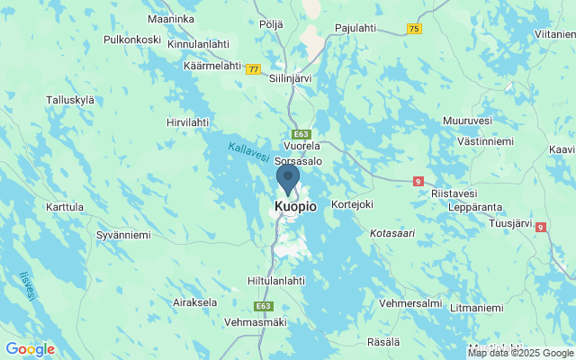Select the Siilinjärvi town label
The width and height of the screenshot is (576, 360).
291,78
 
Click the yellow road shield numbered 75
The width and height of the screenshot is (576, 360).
413,29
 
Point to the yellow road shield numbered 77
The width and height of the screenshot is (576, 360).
254,68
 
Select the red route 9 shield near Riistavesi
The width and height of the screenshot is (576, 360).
418,181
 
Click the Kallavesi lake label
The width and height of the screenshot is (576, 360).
248,152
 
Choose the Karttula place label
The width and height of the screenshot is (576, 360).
64,207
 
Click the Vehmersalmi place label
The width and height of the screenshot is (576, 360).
410,303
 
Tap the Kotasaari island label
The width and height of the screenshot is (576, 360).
392,233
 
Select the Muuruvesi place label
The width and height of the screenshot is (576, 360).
468,120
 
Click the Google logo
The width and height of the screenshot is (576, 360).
30,349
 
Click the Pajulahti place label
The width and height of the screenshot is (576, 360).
355,28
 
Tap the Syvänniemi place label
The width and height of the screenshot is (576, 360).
123,235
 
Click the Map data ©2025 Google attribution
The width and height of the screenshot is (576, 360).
520,353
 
